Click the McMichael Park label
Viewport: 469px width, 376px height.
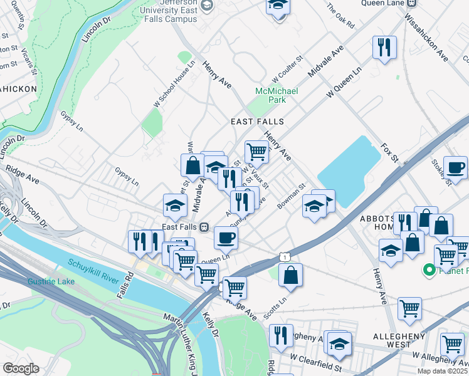click(276, 95)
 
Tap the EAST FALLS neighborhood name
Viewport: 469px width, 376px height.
click(257, 122)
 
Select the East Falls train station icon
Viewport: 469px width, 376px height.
click(204, 227)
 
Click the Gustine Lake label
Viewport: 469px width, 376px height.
click(51, 281)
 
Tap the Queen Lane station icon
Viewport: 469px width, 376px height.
click(410, 3)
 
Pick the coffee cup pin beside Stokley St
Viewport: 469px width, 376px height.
click(455, 167)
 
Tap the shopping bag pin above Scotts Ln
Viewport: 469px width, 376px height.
click(291, 274)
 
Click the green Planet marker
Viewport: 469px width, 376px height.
click(429, 271)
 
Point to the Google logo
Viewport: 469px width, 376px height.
click(20, 368)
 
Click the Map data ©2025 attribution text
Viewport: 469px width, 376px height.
click(443, 371)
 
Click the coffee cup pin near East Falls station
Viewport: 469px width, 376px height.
click(226, 237)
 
